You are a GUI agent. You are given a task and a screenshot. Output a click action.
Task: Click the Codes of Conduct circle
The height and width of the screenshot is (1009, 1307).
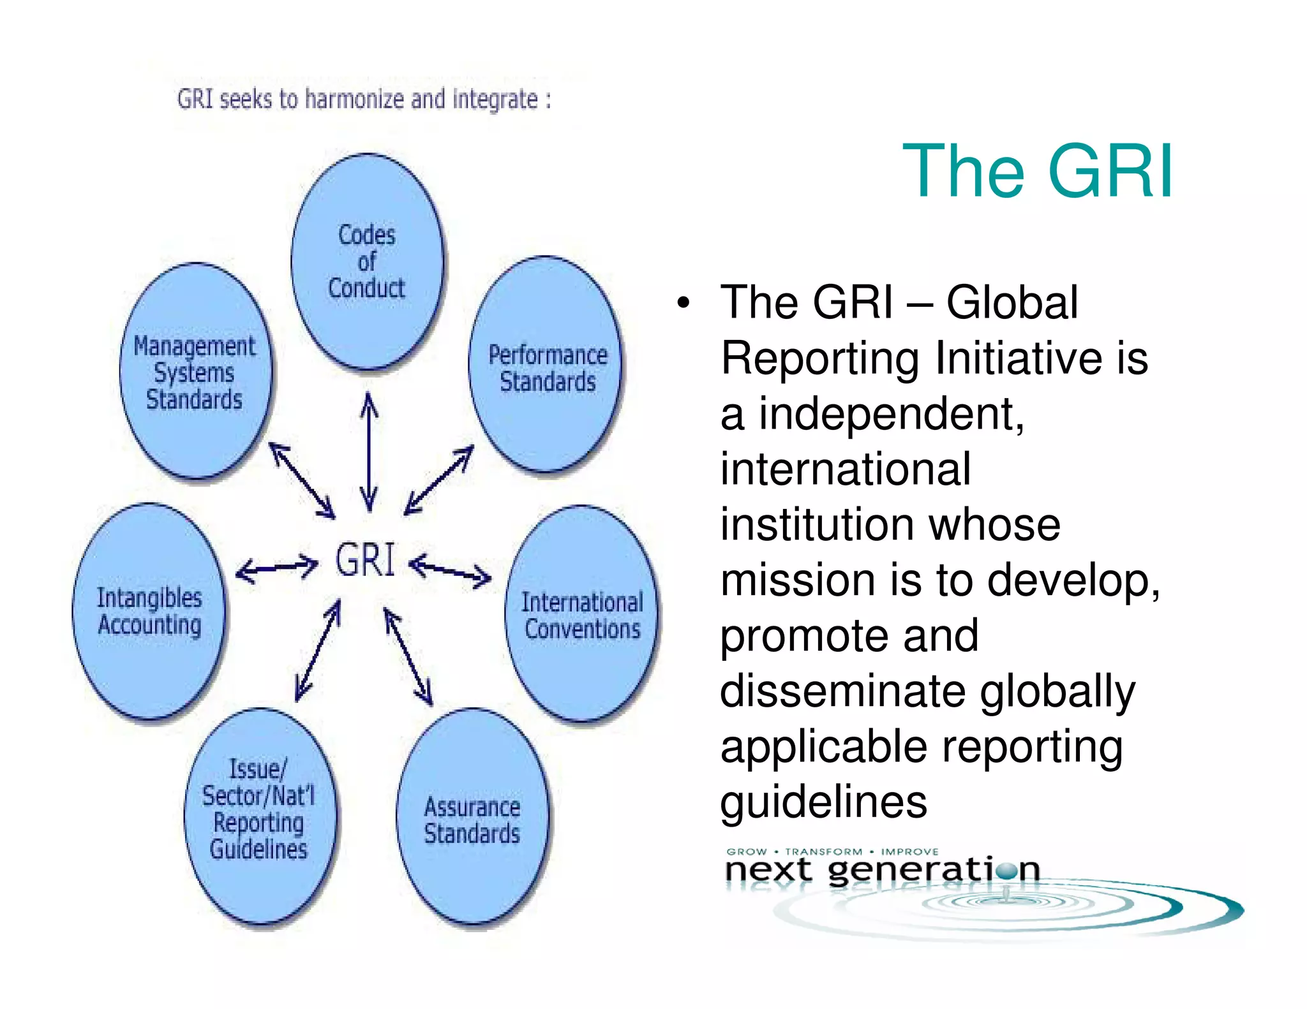367,261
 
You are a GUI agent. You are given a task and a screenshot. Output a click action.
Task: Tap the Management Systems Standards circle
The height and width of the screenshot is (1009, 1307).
195,372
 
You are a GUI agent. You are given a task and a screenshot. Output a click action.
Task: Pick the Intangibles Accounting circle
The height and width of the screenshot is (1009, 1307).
149,611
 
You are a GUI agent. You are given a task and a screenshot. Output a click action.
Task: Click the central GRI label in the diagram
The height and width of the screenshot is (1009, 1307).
366,561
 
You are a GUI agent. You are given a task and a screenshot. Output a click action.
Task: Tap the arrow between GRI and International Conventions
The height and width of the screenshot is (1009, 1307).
450,570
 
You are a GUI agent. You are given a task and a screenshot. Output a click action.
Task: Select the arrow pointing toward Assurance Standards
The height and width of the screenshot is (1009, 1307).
408,657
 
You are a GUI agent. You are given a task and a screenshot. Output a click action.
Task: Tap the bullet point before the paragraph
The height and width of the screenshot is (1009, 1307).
683,303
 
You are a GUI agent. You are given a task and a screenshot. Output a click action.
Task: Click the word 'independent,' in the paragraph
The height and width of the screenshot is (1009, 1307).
891,414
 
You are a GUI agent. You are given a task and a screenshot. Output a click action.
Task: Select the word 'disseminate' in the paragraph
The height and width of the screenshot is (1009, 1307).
846,691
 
